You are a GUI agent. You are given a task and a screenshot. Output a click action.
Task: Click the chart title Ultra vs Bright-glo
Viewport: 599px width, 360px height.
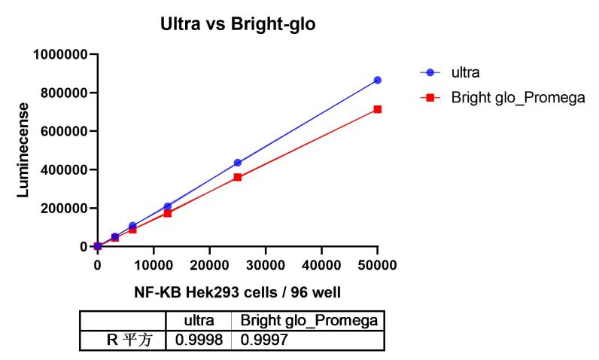(x=238, y=24)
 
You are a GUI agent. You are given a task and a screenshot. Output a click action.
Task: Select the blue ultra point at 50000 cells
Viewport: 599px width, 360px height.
(x=378, y=80)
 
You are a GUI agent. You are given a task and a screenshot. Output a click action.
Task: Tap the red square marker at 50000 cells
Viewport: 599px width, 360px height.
(x=378, y=109)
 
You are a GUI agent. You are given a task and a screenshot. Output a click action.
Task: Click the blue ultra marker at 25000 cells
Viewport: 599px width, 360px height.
(x=238, y=163)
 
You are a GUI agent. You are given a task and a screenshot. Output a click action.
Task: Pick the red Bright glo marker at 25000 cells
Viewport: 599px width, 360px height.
(x=238, y=177)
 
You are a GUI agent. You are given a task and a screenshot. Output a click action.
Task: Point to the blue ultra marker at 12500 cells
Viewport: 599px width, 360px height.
(x=168, y=206)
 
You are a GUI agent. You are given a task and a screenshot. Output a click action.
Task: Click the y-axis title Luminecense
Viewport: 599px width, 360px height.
(x=24, y=150)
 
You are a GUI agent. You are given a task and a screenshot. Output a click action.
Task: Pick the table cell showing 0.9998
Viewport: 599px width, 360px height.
(x=199, y=340)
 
